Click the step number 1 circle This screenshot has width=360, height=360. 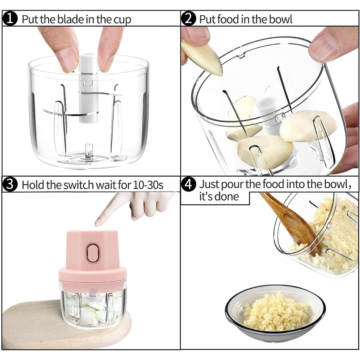[x=10, y=19]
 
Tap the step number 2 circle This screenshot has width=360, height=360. [x=188, y=19]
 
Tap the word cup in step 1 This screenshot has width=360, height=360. [x=122, y=20]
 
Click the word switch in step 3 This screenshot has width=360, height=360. [x=79, y=185]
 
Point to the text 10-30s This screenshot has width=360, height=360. [x=148, y=185]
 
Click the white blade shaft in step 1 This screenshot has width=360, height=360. [x=88, y=88]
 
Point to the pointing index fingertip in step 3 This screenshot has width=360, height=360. [x=98, y=222]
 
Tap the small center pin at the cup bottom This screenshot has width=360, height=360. [x=89, y=151]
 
